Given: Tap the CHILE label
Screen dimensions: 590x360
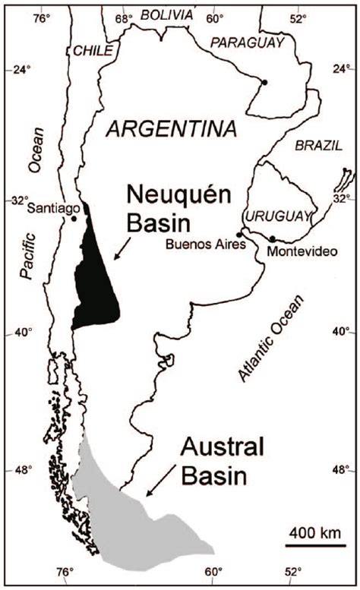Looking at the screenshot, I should click(x=92, y=50).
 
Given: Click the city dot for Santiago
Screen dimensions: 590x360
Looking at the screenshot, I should click(x=74, y=219).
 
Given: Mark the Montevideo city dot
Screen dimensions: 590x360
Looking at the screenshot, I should click(x=272, y=239).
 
